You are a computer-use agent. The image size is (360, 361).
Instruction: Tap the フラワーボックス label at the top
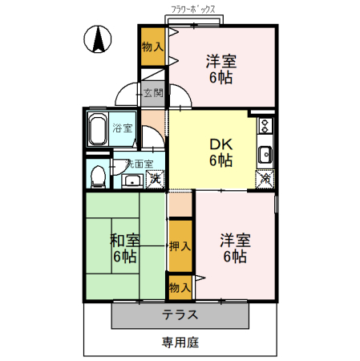(196, 10)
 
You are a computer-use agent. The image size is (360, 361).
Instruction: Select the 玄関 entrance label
(153, 93)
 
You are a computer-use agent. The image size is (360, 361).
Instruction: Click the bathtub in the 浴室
(99, 130)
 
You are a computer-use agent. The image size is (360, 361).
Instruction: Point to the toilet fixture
(97, 175)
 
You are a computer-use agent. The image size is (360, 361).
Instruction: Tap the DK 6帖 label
(220, 152)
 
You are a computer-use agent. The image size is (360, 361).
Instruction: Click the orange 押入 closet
(180, 246)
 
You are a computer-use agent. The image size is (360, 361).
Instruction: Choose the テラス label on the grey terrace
(180, 314)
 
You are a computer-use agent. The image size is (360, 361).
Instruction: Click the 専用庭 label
(180, 343)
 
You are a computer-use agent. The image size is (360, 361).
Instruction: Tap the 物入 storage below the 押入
(180, 286)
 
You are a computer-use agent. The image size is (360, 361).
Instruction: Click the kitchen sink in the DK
(265, 154)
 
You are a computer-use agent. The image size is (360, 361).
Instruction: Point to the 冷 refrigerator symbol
(265, 180)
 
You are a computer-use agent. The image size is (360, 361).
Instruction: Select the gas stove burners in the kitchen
(265, 126)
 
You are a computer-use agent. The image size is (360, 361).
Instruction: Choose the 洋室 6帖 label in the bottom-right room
(235, 248)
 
